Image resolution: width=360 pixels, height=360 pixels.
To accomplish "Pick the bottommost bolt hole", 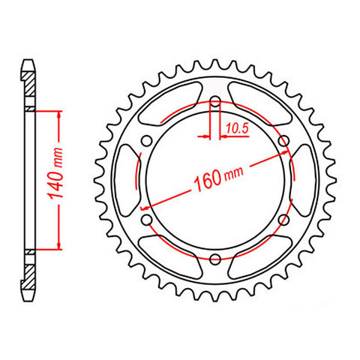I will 215,259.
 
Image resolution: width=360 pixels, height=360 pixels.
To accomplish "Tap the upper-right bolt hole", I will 283,141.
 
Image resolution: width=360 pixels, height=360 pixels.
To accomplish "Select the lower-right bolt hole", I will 283,220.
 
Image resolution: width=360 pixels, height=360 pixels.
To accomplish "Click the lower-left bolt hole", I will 147,220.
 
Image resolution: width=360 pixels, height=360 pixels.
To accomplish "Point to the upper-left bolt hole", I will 147,141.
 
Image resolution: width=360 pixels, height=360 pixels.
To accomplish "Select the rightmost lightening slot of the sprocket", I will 304,180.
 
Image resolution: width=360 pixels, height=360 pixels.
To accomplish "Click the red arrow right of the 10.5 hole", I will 223,137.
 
